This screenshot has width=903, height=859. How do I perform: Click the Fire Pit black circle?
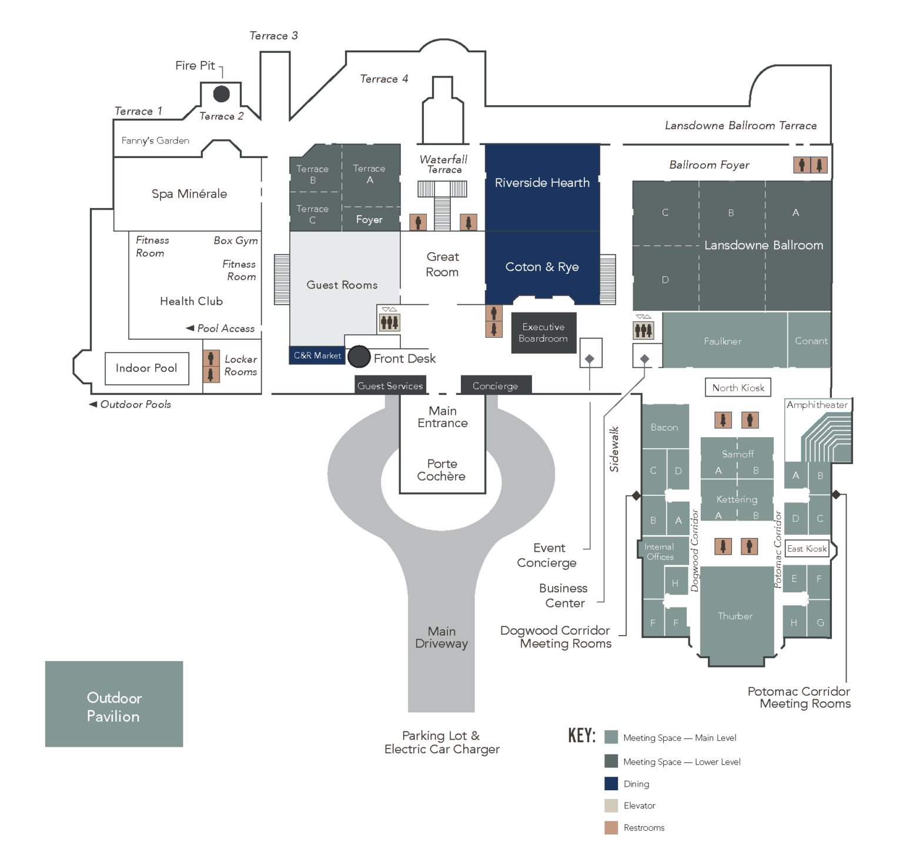tap(221, 93)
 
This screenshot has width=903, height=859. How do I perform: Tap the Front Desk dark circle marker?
tap(359, 357)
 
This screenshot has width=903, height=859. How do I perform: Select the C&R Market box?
tap(317, 355)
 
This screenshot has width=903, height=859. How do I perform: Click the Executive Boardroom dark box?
tap(543, 333)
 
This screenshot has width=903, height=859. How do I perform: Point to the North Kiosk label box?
tap(738, 388)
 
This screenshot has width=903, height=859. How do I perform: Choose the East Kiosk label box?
tap(807, 549)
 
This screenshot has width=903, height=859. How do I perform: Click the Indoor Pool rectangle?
tap(146, 368)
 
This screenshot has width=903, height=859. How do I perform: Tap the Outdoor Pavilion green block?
tap(114, 704)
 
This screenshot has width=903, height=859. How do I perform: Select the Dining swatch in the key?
tap(611, 784)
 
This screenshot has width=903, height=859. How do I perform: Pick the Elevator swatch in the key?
tap(611, 806)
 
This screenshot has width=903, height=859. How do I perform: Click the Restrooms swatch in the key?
tap(611, 828)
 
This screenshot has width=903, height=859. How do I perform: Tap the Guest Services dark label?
tap(390, 385)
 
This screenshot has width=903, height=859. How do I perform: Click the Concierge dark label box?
tap(496, 385)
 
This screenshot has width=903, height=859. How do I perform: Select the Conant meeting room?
tap(810, 341)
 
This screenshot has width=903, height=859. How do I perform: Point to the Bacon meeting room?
tap(664, 427)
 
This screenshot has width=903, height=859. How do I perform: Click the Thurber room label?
tap(735, 616)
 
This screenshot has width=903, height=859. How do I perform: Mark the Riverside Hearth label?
tap(542, 183)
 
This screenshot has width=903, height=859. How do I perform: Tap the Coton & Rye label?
tap(542, 267)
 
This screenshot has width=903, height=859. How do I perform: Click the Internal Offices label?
tap(660, 552)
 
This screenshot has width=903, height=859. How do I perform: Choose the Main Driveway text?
tap(442, 637)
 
